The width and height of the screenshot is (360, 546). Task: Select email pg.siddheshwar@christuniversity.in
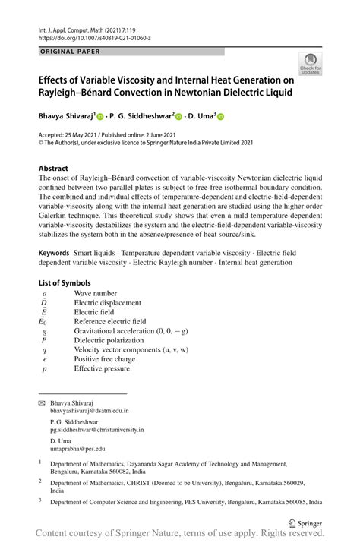point(96,430)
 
